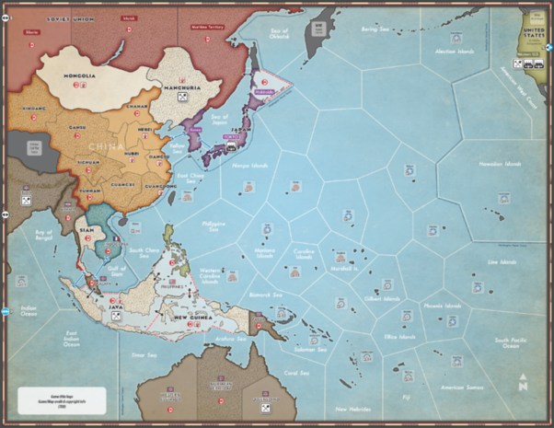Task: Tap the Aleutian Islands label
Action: click(x=460, y=52)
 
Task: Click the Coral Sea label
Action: click(x=296, y=373)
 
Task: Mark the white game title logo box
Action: click(x=62, y=402)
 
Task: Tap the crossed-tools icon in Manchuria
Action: click(x=182, y=98)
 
